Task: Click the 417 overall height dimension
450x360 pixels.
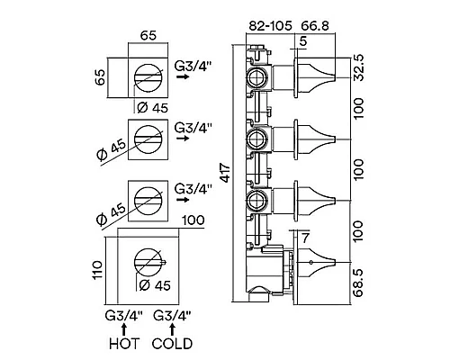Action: [x=225, y=173]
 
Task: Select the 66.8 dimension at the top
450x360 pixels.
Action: [x=315, y=26]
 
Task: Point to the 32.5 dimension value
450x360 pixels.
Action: [x=358, y=67]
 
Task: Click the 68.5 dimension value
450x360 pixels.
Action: [x=358, y=283]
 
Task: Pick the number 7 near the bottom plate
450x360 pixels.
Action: [x=305, y=238]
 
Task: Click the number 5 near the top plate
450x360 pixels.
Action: [x=303, y=41]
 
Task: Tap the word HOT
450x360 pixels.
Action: [x=124, y=344]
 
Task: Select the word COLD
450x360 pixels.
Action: [x=172, y=344]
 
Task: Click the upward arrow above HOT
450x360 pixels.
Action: [x=124, y=329]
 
